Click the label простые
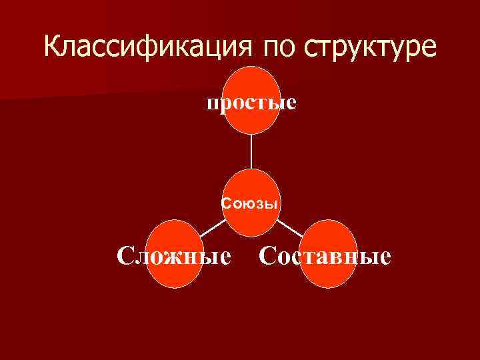click(251, 103)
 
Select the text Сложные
click(175, 255)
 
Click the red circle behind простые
click(251, 83)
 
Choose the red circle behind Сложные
click(175, 273)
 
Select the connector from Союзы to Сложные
click(212, 228)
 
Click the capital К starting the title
click(54, 47)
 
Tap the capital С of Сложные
click(125, 255)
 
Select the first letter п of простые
click(211, 104)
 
